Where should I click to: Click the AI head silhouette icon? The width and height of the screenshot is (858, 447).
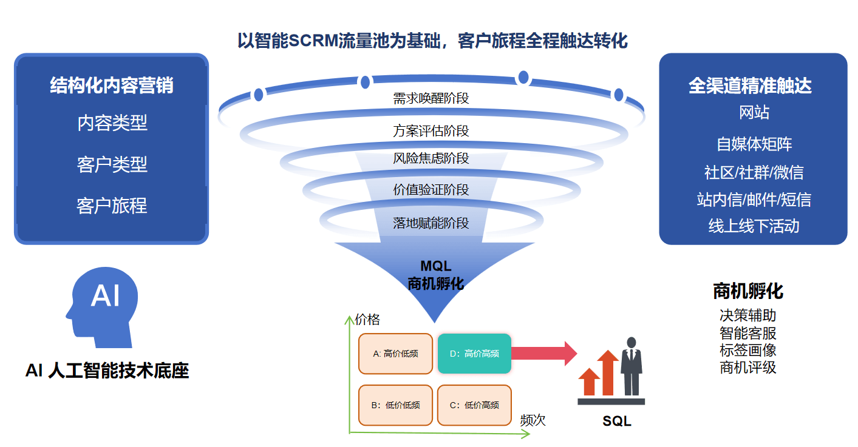tap(101, 306)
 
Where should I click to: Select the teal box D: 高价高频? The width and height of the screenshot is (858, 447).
tap(474, 354)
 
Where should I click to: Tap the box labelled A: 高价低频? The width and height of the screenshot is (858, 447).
tap(395, 354)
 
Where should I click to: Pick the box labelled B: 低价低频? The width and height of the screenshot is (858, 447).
tap(395, 405)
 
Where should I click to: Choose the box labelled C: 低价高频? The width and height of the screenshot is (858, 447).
tap(474, 405)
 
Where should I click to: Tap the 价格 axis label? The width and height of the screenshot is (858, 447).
tap(367, 320)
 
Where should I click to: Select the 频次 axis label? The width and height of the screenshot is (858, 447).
tap(533, 420)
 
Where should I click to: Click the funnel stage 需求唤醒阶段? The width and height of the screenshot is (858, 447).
tap(431, 98)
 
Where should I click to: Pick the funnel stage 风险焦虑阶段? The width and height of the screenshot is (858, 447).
tap(431, 158)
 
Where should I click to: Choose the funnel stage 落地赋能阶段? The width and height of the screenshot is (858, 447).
tap(431, 223)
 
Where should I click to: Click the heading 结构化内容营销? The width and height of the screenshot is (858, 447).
tap(112, 86)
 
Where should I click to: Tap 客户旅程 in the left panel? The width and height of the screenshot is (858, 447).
tap(112, 206)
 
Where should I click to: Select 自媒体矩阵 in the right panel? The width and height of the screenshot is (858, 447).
tap(754, 144)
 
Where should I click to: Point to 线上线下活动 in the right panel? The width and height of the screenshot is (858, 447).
tap(754, 226)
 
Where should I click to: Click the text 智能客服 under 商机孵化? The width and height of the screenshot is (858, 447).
tap(747, 333)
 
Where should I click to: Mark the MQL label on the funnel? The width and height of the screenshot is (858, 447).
tap(435, 266)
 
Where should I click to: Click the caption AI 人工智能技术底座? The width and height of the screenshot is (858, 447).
tap(107, 371)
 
